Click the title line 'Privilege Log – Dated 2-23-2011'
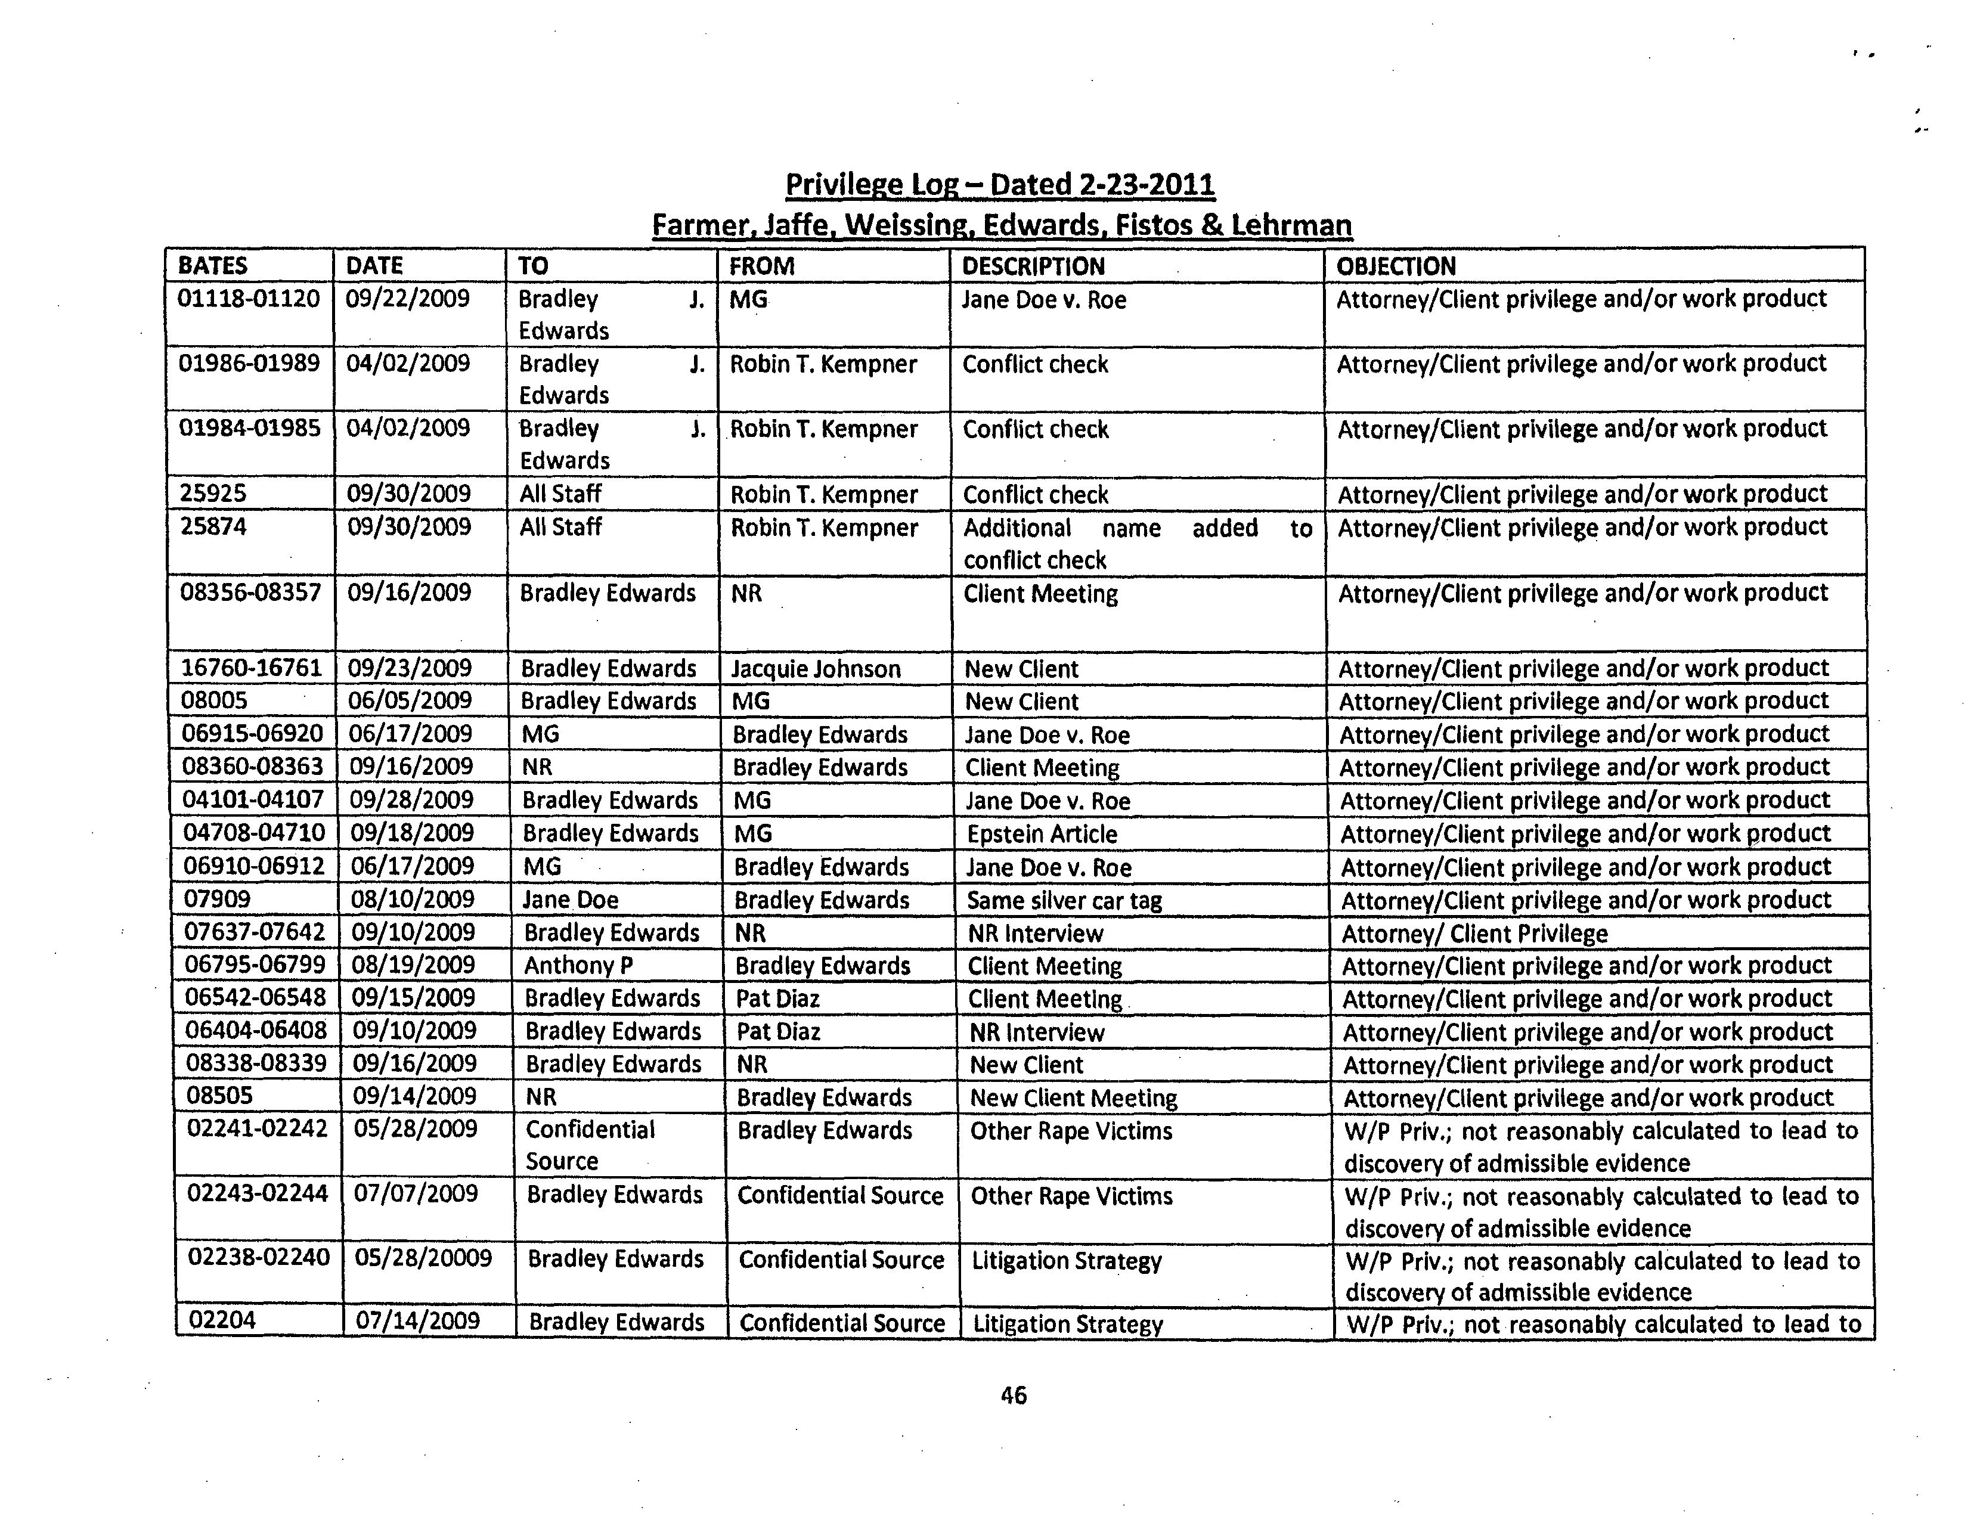(x=999, y=185)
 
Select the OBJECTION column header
(x=1396, y=266)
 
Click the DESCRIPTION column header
(x=1033, y=266)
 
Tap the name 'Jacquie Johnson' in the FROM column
(x=816, y=669)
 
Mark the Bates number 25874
(x=213, y=526)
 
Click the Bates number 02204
(x=222, y=1320)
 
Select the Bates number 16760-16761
(x=252, y=668)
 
